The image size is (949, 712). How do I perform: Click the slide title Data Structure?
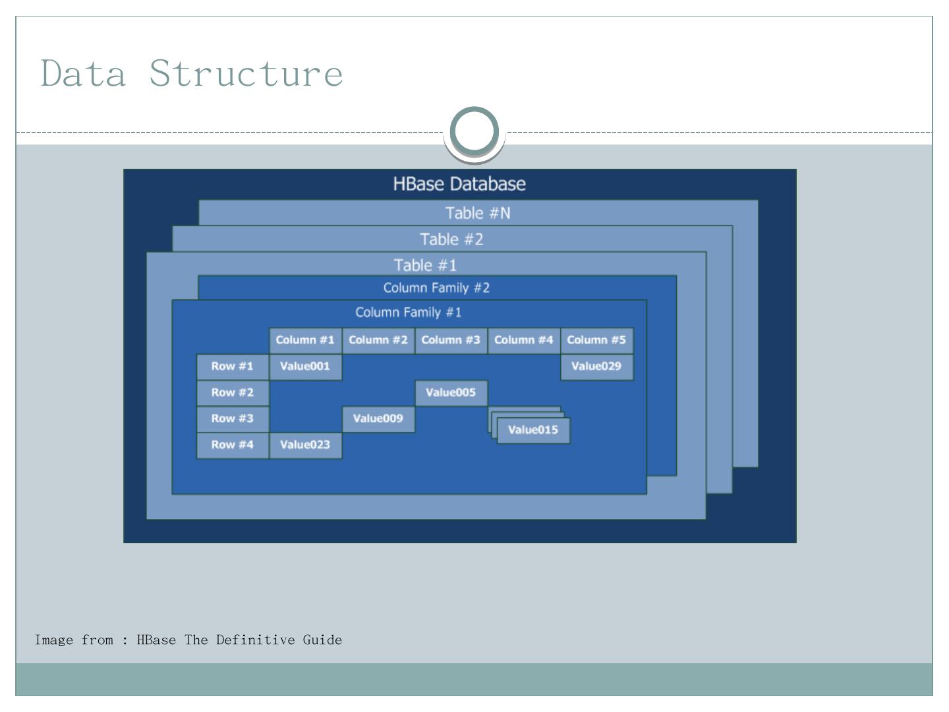pyautogui.click(x=192, y=73)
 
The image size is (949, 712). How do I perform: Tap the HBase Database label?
pyautogui.click(x=459, y=184)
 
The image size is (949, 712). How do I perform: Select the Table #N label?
pyautogui.click(x=478, y=213)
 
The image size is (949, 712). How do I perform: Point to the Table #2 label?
pyautogui.click(x=452, y=239)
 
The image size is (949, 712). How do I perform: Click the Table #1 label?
pyautogui.click(x=425, y=265)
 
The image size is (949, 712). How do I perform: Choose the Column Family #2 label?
pyautogui.click(x=436, y=288)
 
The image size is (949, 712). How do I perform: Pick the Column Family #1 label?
pyautogui.click(x=409, y=312)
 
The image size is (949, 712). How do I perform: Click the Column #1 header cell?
pyautogui.click(x=305, y=340)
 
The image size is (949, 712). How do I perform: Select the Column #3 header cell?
pyautogui.click(x=451, y=340)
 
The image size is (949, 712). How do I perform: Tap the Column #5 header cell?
pyautogui.click(x=596, y=340)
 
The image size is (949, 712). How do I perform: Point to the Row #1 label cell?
pyautogui.click(x=233, y=367)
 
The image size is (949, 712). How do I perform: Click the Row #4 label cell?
pyautogui.click(x=233, y=445)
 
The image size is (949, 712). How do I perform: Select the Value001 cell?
pyautogui.click(x=305, y=367)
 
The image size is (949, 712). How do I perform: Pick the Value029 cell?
pyautogui.click(x=596, y=367)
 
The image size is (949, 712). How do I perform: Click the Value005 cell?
pyautogui.click(x=451, y=393)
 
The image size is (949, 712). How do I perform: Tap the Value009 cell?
pyautogui.click(x=378, y=419)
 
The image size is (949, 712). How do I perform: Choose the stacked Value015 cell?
pyautogui.click(x=533, y=430)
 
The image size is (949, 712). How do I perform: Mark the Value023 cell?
pyautogui.click(x=305, y=445)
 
